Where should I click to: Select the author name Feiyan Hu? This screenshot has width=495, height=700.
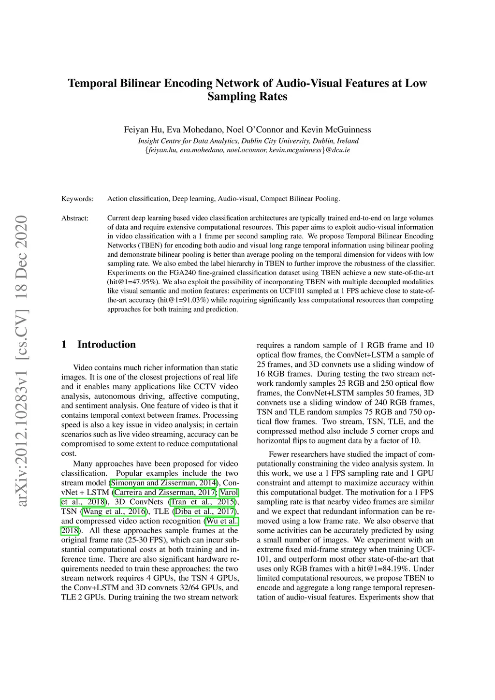(x=144, y=130)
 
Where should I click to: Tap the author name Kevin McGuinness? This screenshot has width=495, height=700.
(x=336, y=130)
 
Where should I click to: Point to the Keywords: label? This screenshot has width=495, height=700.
(x=77, y=199)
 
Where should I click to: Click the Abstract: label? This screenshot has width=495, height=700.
(x=75, y=218)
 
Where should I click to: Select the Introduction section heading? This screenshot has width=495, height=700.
(x=106, y=345)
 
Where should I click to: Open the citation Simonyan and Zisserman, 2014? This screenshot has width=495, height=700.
(x=163, y=483)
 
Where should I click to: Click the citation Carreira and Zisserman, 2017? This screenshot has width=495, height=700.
(x=165, y=493)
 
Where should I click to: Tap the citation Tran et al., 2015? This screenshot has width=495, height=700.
(x=203, y=502)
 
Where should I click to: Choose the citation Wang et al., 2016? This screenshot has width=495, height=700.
(x=114, y=511)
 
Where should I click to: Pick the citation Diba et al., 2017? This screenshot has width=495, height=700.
(x=204, y=511)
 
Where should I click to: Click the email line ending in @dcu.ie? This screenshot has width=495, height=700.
(x=247, y=150)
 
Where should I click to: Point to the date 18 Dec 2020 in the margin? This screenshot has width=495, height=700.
(x=22, y=256)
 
